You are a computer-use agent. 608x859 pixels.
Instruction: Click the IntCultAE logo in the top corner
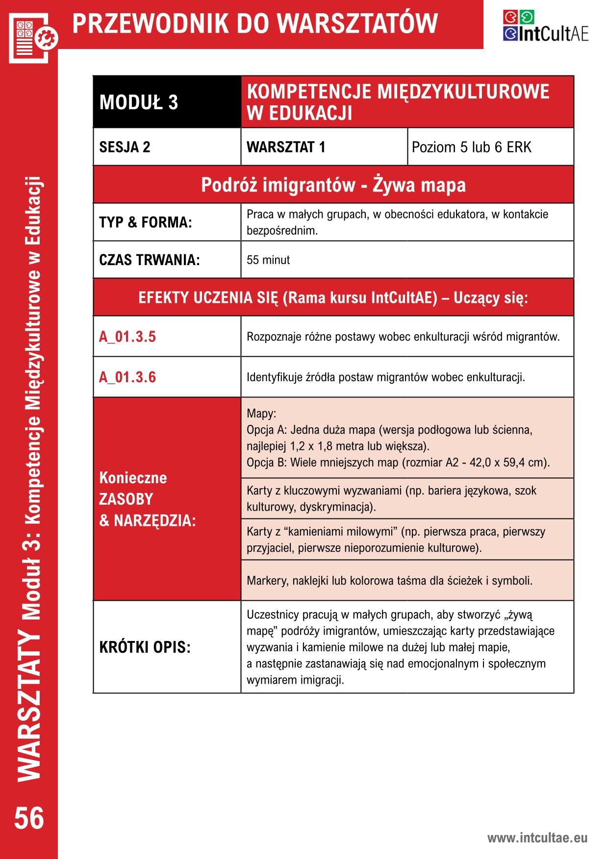click(x=545, y=26)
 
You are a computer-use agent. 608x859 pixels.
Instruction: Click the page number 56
click(x=29, y=818)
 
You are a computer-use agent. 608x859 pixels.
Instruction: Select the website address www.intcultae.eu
click(x=537, y=838)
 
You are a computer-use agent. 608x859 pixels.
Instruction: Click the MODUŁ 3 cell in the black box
click(x=139, y=102)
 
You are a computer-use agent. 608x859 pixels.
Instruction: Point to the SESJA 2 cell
click(x=125, y=147)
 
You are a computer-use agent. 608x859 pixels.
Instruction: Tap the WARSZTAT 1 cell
click(x=286, y=147)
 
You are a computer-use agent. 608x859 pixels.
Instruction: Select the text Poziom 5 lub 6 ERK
click(x=471, y=147)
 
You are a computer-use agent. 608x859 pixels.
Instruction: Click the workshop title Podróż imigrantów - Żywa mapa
click(x=333, y=185)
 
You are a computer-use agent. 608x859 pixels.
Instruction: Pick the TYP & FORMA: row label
click(x=146, y=222)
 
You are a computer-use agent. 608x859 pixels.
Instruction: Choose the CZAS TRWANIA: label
click(x=150, y=260)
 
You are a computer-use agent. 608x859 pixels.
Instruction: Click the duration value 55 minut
click(x=268, y=260)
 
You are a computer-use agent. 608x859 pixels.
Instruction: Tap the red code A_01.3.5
click(x=127, y=337)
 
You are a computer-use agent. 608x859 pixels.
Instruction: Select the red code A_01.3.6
click(x=127, y=377)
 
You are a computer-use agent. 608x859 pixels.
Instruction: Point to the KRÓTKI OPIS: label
click(x=145, y=647)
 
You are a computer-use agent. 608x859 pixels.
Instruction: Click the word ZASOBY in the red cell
click(x=126, y=499)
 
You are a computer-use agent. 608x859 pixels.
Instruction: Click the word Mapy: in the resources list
click(x=261, y=413)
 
